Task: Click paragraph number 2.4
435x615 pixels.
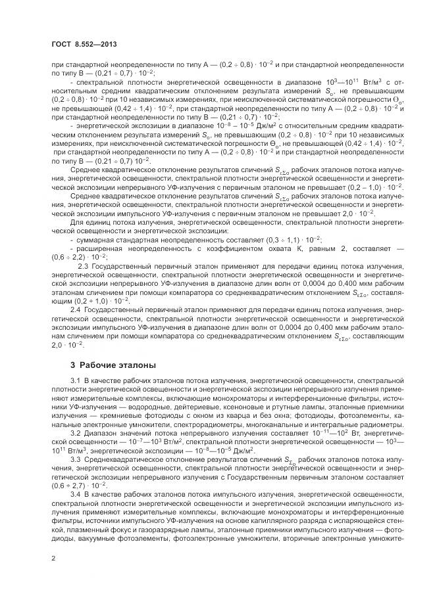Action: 76,308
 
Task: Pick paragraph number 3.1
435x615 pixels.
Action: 76,381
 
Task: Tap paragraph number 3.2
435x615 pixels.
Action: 76,435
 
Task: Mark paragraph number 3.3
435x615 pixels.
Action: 76,459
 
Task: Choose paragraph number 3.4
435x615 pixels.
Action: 76,492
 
